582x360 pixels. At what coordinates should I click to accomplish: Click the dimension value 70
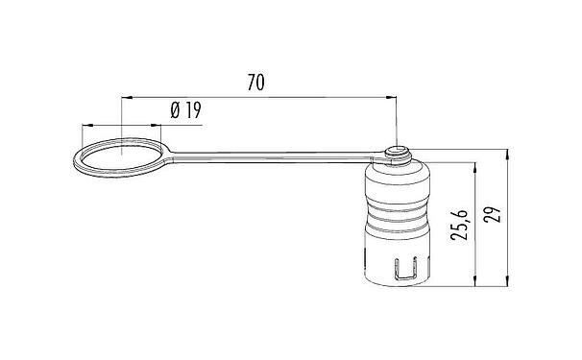pyautogui.click(x=255, y=84)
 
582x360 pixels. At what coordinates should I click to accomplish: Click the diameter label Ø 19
pyautogui.click(x=184, y=111)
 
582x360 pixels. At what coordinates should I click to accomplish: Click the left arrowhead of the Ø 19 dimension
pyautogui.click(x=89, y=125)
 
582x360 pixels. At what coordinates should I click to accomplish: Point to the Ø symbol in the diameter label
pyautogui.click(x=175, y=111)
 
